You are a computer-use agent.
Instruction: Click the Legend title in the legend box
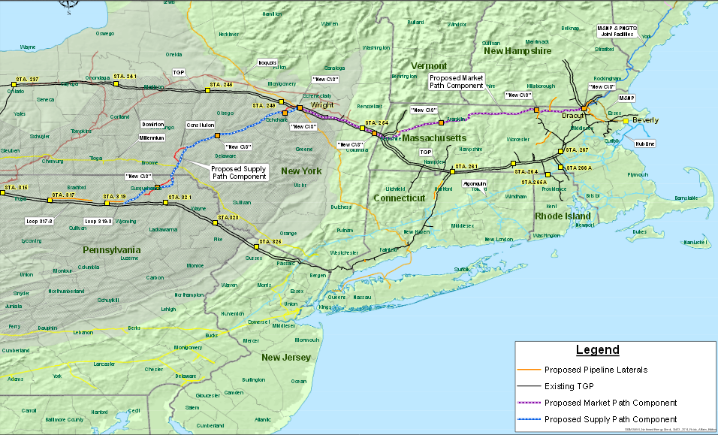coord(597,350)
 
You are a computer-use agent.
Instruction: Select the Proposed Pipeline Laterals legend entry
coord(595,370)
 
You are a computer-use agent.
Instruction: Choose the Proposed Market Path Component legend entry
coord(611,403)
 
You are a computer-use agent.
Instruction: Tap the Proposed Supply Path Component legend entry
coord(610,419)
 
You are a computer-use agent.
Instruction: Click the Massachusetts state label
coord(433,138)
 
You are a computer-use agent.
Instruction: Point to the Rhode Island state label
coord(565,216)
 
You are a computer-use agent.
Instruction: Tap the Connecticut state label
coord(399,198)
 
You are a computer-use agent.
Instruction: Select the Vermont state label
coord(429,66)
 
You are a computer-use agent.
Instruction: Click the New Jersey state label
coord(286,358)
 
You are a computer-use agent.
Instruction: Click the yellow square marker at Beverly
coord(625,120)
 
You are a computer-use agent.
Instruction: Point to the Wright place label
coord(322,105)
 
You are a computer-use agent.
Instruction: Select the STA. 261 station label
coord(466,166)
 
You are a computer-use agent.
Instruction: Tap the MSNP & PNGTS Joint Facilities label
coord(617,31)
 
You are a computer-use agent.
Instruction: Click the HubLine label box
coord(644,143)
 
